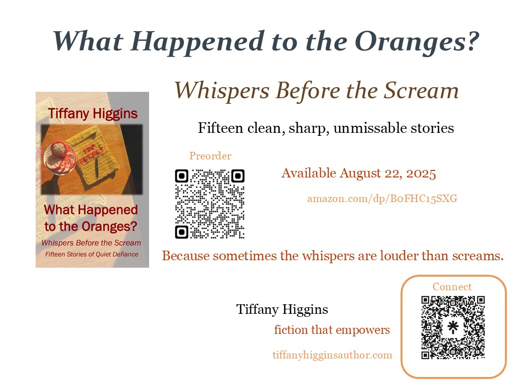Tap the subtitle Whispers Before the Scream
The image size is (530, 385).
click(x=316, y=91)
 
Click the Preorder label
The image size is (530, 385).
click(x=210, y=156)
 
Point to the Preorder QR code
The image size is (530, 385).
click(x=210, y=204)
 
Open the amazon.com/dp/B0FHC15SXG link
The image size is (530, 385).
click(x=382, y=199)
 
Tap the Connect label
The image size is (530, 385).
click(x=452, y=287)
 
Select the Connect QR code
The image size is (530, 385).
click(x=453, y=327)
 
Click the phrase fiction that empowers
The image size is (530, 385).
click(x=332, y=330)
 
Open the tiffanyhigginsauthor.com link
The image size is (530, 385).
click(x=332, y=355)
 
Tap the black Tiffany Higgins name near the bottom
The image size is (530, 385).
click(x=282, y=309)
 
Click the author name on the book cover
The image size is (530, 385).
click(x=92, y=113)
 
